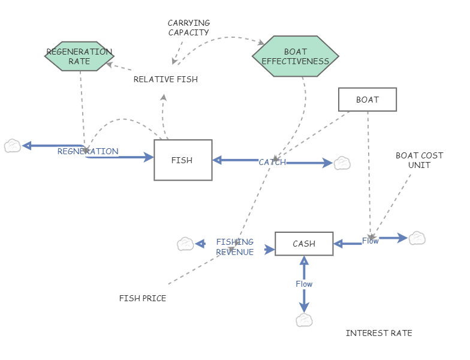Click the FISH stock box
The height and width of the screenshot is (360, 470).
[x=183, y=160]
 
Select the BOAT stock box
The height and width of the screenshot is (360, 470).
[x=367, y=100]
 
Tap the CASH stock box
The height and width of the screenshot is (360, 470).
[x=304, y=244]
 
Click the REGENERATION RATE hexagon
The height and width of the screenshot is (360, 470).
[x=79, y=56]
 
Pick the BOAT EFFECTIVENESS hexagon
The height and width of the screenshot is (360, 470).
[x=296, y=56]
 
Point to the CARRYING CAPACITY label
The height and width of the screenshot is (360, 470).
[x=188, y=28]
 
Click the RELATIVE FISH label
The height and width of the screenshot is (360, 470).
[x=165, y=79]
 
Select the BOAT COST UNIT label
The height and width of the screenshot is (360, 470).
[x=419, y=160]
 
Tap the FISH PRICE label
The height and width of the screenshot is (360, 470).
[x=143, y=298]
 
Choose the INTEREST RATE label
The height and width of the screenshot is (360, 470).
[x=379, y=333]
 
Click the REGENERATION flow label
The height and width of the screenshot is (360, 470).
[x=88, y=151]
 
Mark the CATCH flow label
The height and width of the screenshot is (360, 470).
[x=272, y=162]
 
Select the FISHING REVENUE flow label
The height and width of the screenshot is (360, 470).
[x=235, y=247]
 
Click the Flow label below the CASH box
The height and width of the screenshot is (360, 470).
[x=304, y=284]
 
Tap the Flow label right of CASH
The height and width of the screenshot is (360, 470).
[x=370, y=241]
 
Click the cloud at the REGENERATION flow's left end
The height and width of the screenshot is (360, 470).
[x=12, y=146]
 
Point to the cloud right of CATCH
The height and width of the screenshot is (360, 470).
[x=342, y=163]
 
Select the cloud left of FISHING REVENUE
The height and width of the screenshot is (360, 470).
[x=185, y=244]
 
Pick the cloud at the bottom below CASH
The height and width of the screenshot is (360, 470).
[x=305, y=320]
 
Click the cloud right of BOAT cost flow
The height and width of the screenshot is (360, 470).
[x=417, y=238]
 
